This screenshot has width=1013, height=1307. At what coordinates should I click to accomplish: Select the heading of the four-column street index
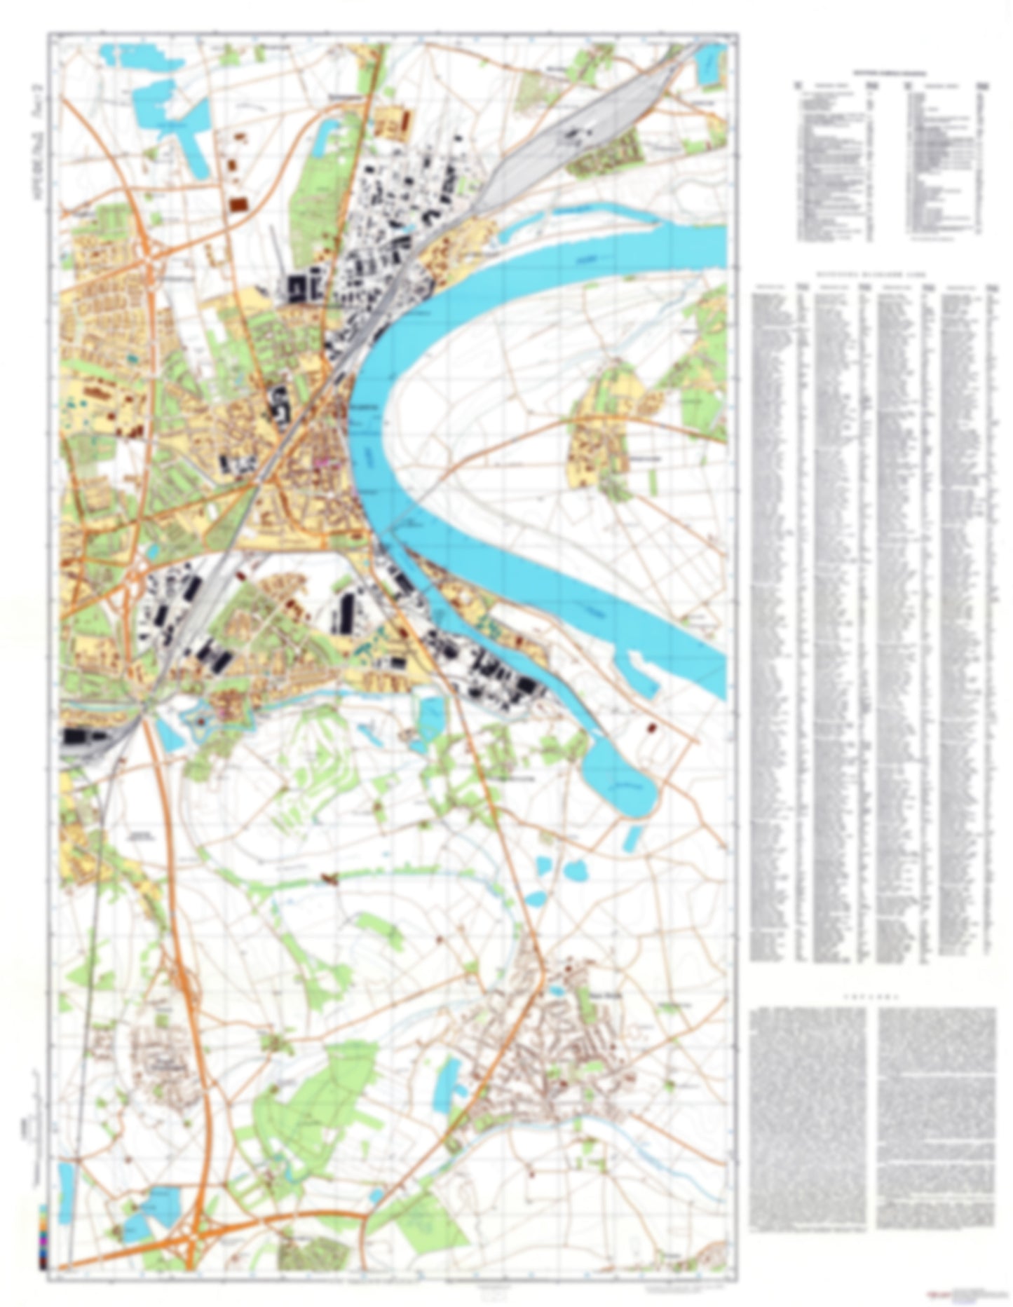[876, 275]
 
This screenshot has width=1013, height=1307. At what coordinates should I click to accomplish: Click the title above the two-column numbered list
[888, 72]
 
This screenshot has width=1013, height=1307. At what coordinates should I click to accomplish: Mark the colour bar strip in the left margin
[44, 1233]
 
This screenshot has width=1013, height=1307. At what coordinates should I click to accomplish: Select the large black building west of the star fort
[83, 737]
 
